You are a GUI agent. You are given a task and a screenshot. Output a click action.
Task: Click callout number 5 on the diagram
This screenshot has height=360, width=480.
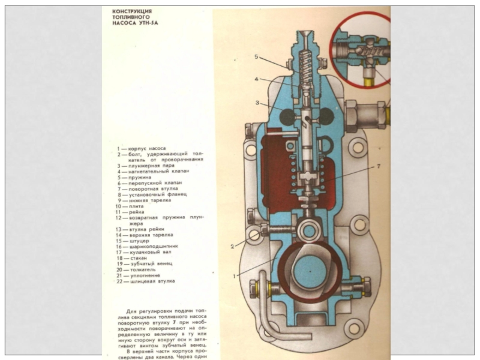256,57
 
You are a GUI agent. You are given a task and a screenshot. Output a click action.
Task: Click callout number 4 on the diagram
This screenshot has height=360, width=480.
256,79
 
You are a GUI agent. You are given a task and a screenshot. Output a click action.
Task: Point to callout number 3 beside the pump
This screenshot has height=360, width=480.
257,103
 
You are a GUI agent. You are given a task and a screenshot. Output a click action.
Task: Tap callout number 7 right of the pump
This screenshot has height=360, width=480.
379,165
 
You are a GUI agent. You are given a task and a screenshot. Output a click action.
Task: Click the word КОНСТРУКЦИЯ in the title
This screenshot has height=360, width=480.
132,12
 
